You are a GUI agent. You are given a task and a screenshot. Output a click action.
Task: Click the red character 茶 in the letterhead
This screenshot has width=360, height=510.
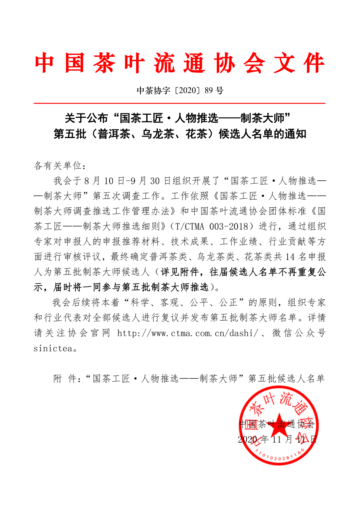tap(104, 63)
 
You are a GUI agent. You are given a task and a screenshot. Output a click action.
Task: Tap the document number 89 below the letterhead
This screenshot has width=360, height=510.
tap(209, 90)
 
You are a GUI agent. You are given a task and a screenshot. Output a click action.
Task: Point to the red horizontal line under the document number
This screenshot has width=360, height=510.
tap(179, 103)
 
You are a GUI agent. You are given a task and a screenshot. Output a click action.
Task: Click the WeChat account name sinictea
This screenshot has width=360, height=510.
tap(53, 348)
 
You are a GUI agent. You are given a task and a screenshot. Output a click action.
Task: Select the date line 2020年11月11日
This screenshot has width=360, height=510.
tap(277, 439)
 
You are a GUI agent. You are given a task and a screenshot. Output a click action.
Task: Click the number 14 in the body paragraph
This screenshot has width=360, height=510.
tap(290, 257)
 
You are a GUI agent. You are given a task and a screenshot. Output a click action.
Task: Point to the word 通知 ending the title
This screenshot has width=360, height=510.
tap(295, 134)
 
